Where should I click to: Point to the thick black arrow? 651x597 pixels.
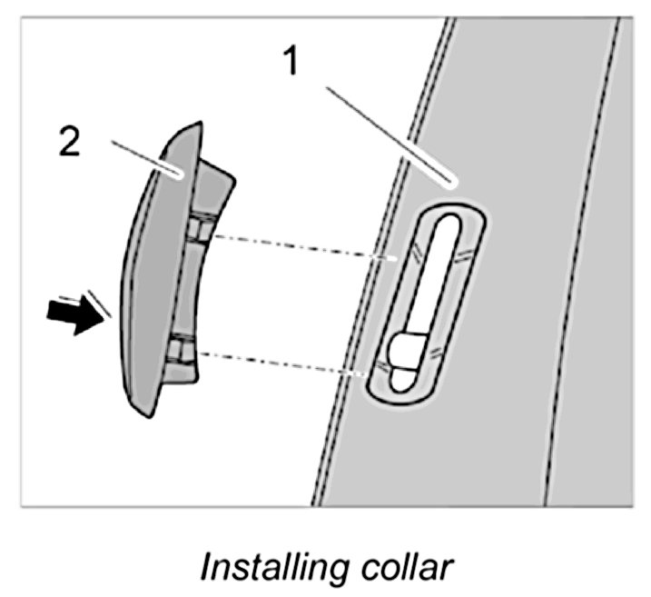tap(74, 317)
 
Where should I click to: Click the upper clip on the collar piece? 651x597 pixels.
tap(201, 229)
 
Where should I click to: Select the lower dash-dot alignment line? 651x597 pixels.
tap(281, 363)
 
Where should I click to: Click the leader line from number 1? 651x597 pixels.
tap(390, 127)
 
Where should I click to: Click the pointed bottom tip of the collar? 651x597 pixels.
tap(146, 415)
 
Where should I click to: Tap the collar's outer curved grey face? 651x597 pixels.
tap(145, 273)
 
